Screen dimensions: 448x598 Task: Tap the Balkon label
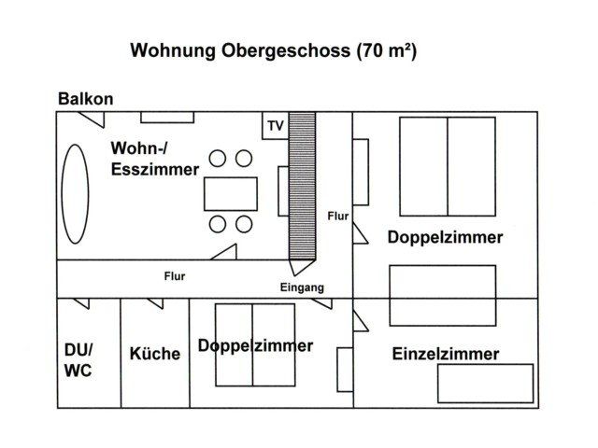tap(86, 99)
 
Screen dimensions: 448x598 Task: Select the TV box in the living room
tap(276, 126)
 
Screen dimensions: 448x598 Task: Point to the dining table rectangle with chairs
tap(231, 193)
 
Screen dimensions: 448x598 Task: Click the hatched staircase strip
tap(302, 186)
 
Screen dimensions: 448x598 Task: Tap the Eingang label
tap(302, 288)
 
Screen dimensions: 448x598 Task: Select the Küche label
tap(155, 354)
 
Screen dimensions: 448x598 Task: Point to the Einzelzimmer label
tap(446, 355)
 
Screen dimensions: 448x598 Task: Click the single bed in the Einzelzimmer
tap(485, 383)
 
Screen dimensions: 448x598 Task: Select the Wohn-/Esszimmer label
tap(155, 160)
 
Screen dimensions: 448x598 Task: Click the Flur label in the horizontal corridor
tap(175, 276)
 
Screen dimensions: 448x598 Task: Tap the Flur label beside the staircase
tap(338, 217)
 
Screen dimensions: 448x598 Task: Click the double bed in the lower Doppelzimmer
tap(252, 344)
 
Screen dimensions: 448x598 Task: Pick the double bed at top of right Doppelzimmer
tap(447, 166)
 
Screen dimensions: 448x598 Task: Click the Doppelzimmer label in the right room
tap(445, 237)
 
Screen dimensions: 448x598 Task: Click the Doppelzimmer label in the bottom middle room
tap(255, 346)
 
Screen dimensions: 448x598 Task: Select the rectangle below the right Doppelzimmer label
tap(442, 295)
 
